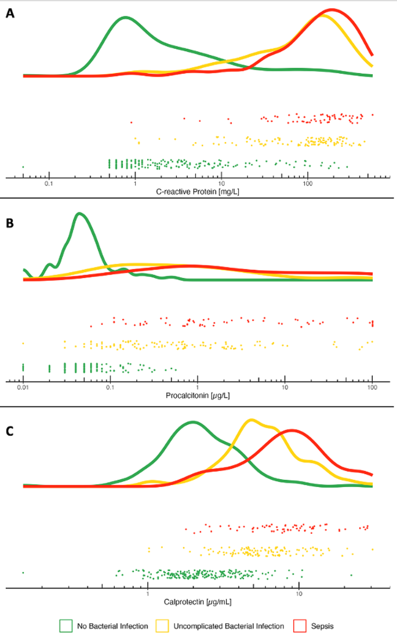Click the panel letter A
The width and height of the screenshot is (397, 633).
coord(10,15)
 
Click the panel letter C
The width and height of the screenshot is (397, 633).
coord(10,432)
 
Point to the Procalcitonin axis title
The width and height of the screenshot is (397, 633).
coord(198,395)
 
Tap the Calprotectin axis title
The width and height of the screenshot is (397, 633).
coord(198,602)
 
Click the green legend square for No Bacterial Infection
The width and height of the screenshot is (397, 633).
coord(66,625)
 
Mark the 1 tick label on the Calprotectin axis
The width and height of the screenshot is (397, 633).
coord(148,594)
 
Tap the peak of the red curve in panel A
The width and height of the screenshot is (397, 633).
coord(332,10)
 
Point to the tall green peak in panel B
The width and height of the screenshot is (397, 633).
coord(80,214)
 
